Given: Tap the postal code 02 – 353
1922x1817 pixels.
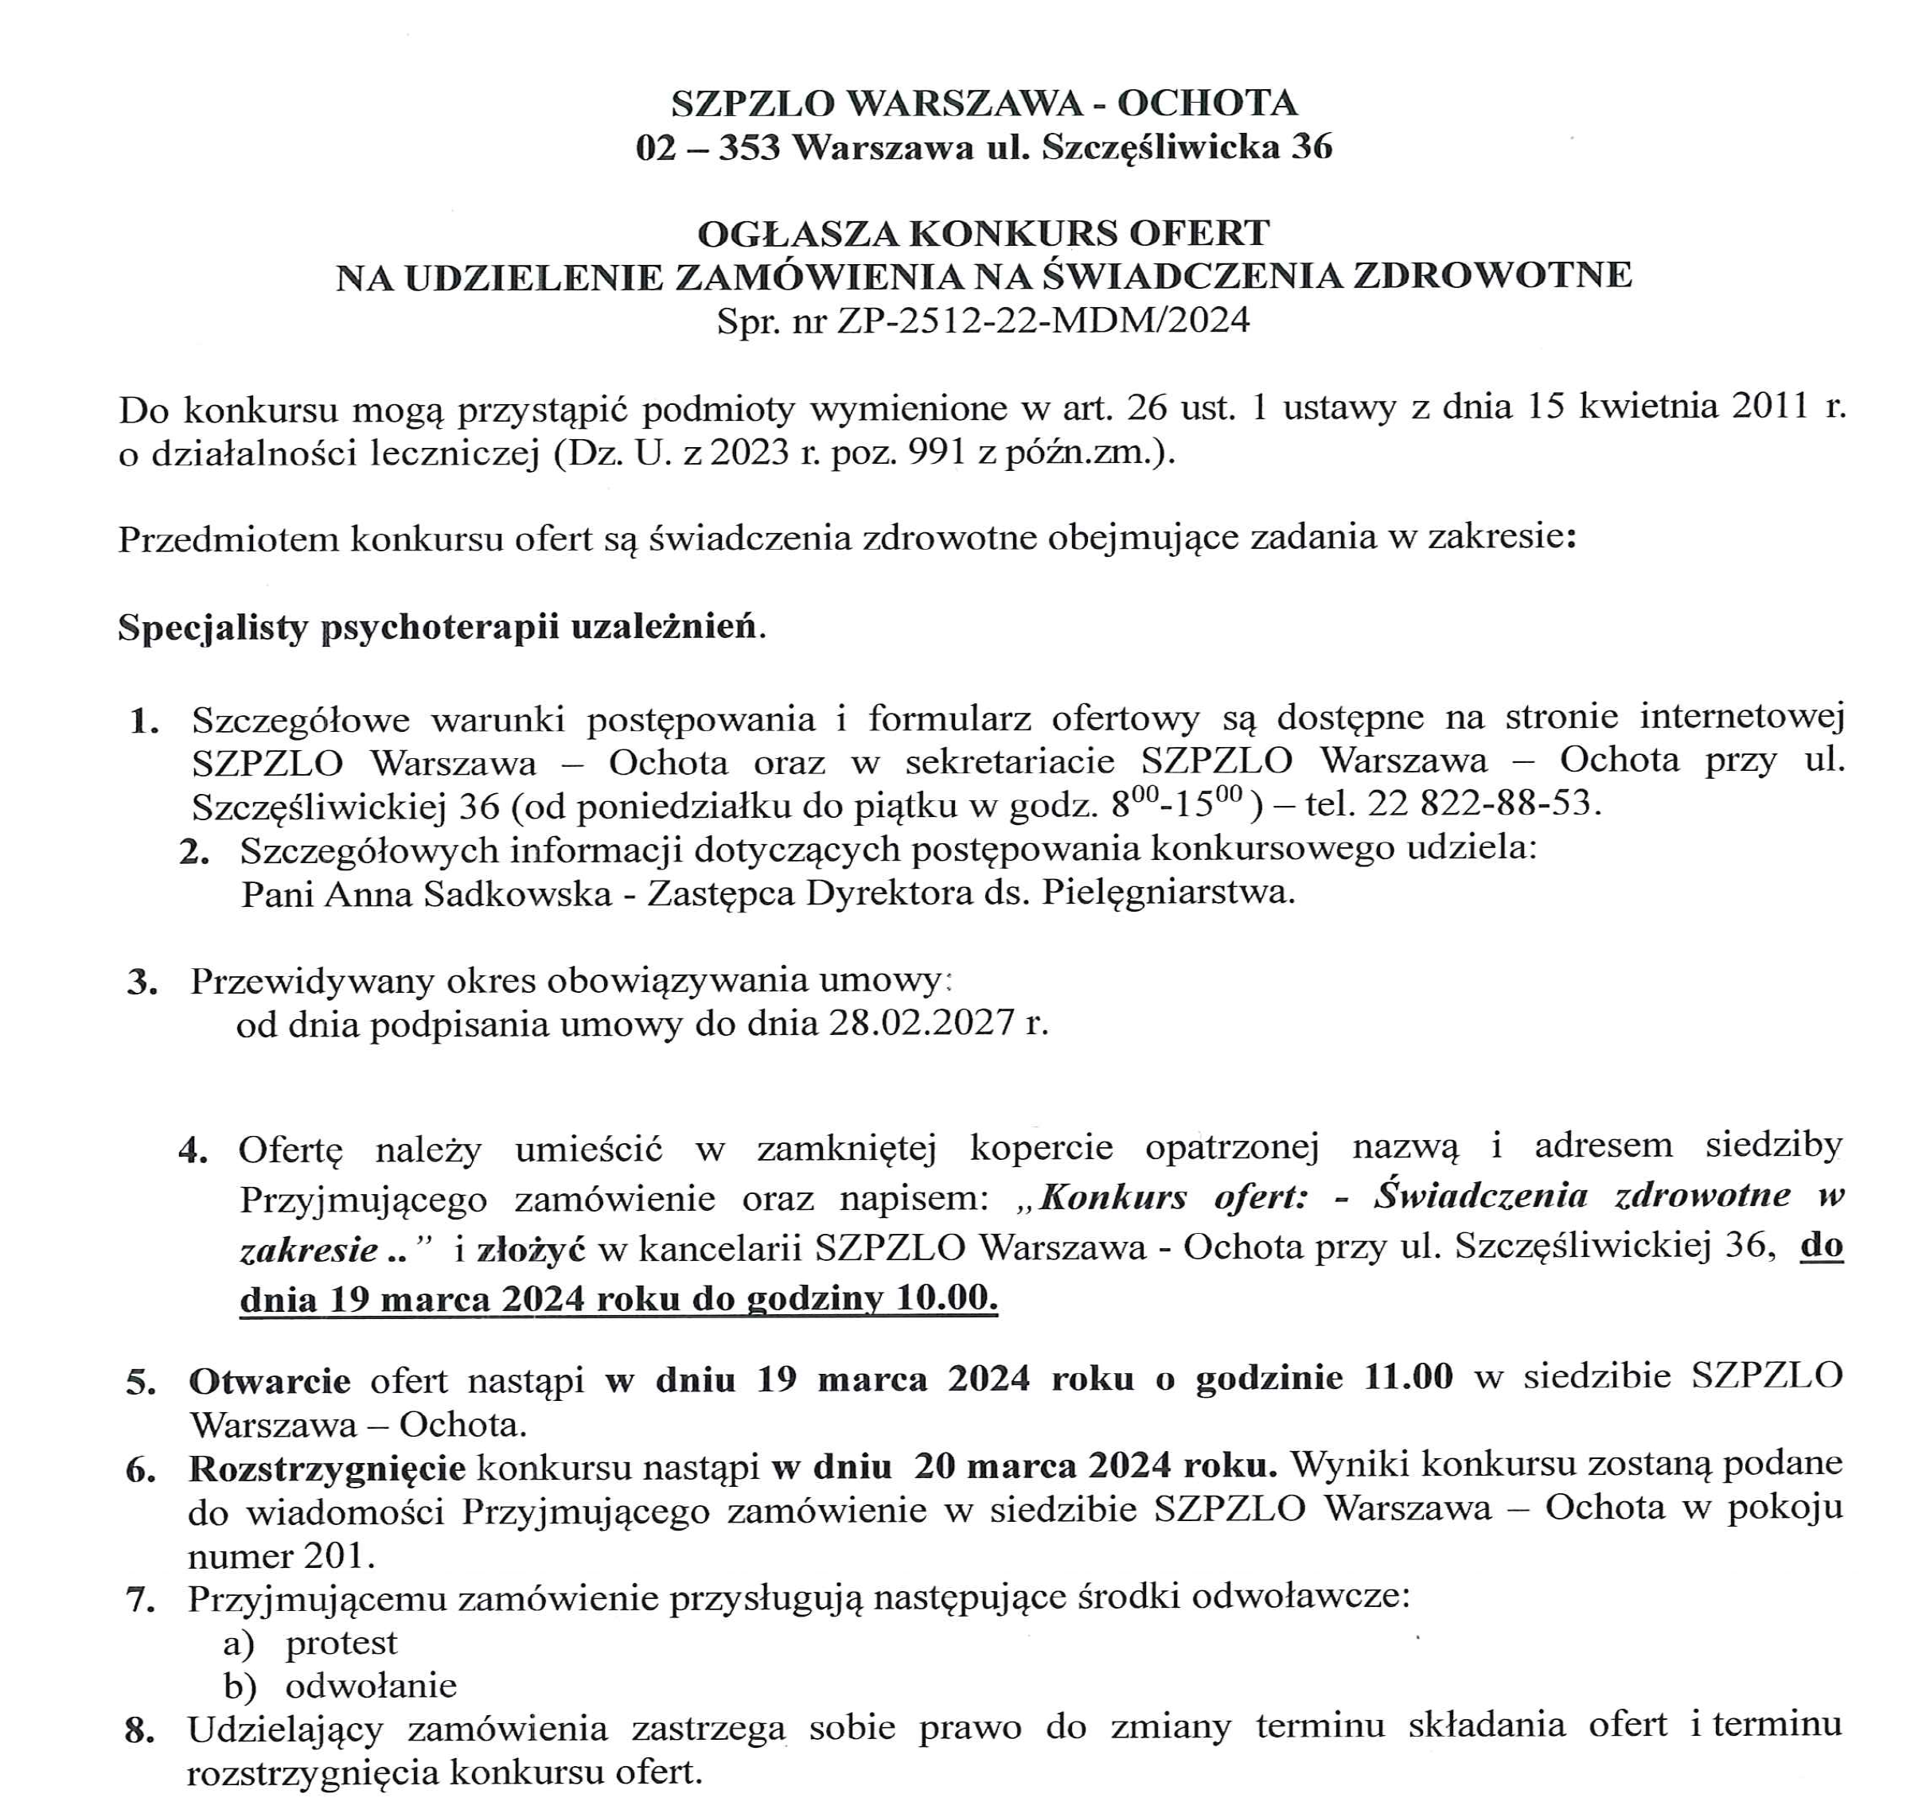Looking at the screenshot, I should [x=708, y=148].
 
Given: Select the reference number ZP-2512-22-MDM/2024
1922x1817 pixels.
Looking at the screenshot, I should [x=1043, y=320].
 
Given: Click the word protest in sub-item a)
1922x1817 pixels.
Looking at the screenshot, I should [x=341, y=1643].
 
